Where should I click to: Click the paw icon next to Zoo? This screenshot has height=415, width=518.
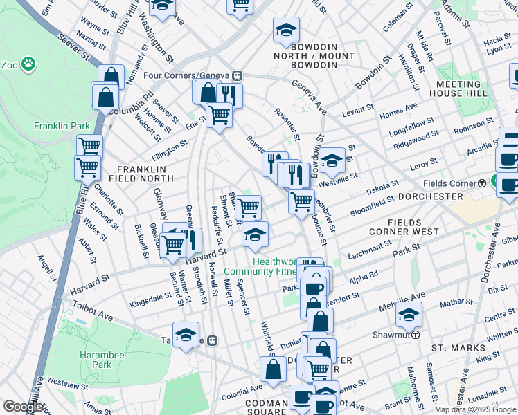(28, 65)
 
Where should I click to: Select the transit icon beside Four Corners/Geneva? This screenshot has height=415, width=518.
(238, 75)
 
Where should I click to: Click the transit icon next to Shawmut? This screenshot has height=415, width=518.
(414, 335)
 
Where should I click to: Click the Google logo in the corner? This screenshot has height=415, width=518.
(22, 407)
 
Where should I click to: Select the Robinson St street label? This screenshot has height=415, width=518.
(474, 128)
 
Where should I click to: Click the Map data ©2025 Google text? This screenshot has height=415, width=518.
(475, 409)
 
